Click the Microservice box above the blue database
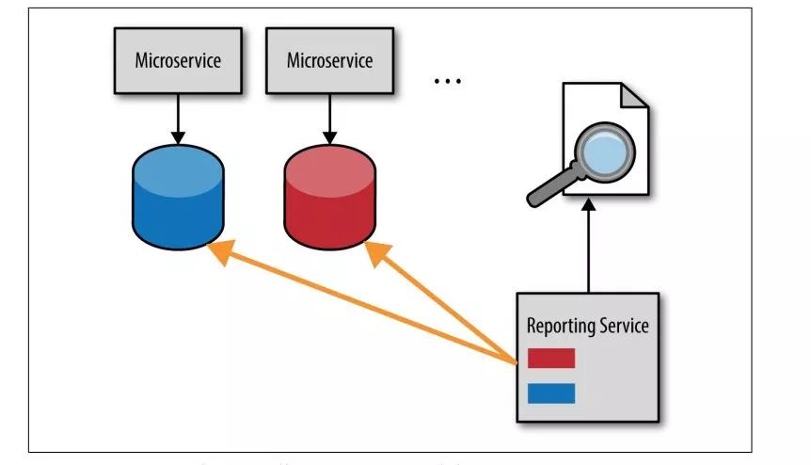pyautogui.click(x=178, y=61)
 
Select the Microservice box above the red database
pyautogui.click(x=329, y=61)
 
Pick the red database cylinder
pyautogui.click(x=329, y=202)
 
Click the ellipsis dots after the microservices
pyautogui.click(x=447, y=81)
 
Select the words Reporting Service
pyautogui.click(x=587, y=327)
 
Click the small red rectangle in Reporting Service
pyautogui.click(x=550, y=358)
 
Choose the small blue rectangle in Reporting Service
pyautogui.click(x=550, y=393)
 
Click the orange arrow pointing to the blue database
pyautogui.click(x=358, y=301)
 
